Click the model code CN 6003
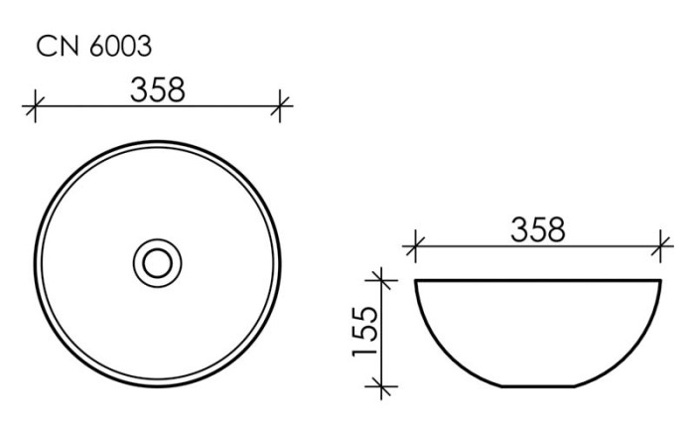(x=94, y=47)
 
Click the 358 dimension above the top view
(x=158, y=88)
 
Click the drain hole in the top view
(x=158, y=262)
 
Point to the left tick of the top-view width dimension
(x=36, y=104)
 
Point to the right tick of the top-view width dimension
(x=280, y=104)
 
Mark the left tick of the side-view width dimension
(x=416, y=244)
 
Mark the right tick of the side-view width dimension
(x=660, y=244)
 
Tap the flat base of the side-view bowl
(x=538, y=385)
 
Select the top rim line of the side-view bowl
(x=538, y=281)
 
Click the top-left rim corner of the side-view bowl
(x=416, y=281)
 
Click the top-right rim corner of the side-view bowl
(x=660, y=281)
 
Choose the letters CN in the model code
(x=55, y=47)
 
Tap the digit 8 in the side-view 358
(x=555, y=229)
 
